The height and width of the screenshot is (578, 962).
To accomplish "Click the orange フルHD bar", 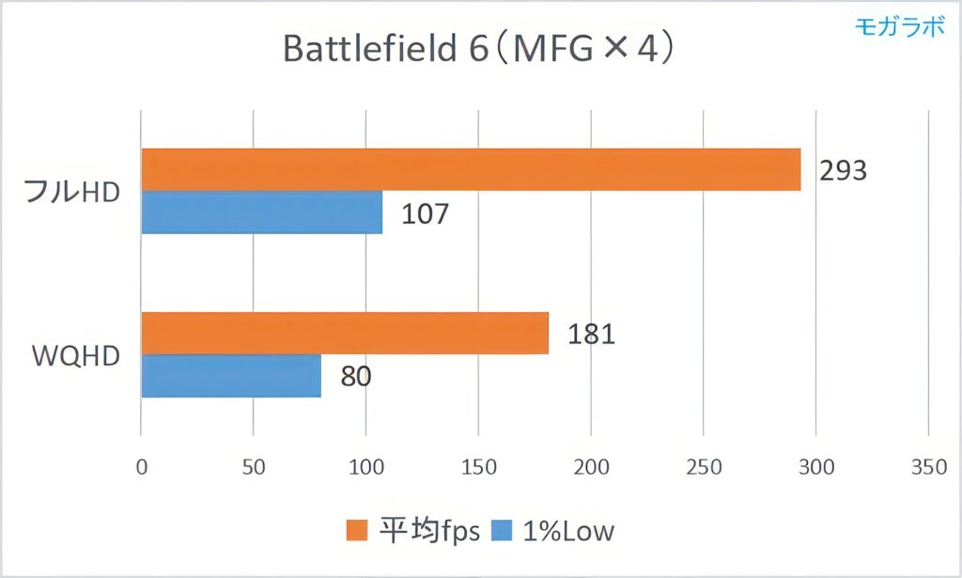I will pos(470,170).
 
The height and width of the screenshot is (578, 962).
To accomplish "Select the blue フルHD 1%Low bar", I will pos(261,212).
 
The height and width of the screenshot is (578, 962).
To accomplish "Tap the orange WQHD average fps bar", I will pos(344,334).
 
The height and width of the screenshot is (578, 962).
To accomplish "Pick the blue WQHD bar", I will pos(230,376).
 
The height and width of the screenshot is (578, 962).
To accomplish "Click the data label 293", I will pos(842,170).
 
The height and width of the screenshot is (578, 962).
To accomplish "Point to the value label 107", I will pos(425,213).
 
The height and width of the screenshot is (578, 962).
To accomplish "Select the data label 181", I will pos(590,334).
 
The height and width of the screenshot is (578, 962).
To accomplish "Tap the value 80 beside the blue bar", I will pos(355,376).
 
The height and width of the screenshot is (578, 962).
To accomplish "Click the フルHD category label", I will pos(72,192).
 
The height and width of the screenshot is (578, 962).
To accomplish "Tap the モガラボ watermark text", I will pos(899,26).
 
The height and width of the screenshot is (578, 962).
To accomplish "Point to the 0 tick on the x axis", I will pos(141,467).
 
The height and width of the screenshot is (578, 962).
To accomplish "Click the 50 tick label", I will pos(253,467).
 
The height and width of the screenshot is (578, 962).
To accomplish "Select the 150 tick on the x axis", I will pos(478,467).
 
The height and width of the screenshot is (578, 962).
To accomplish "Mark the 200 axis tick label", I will pos(591,467).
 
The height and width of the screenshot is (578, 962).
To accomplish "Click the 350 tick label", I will pos(928,467).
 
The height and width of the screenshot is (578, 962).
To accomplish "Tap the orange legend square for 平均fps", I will pos(357,531).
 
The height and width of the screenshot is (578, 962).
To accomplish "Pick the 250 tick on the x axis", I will pos(704,467).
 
